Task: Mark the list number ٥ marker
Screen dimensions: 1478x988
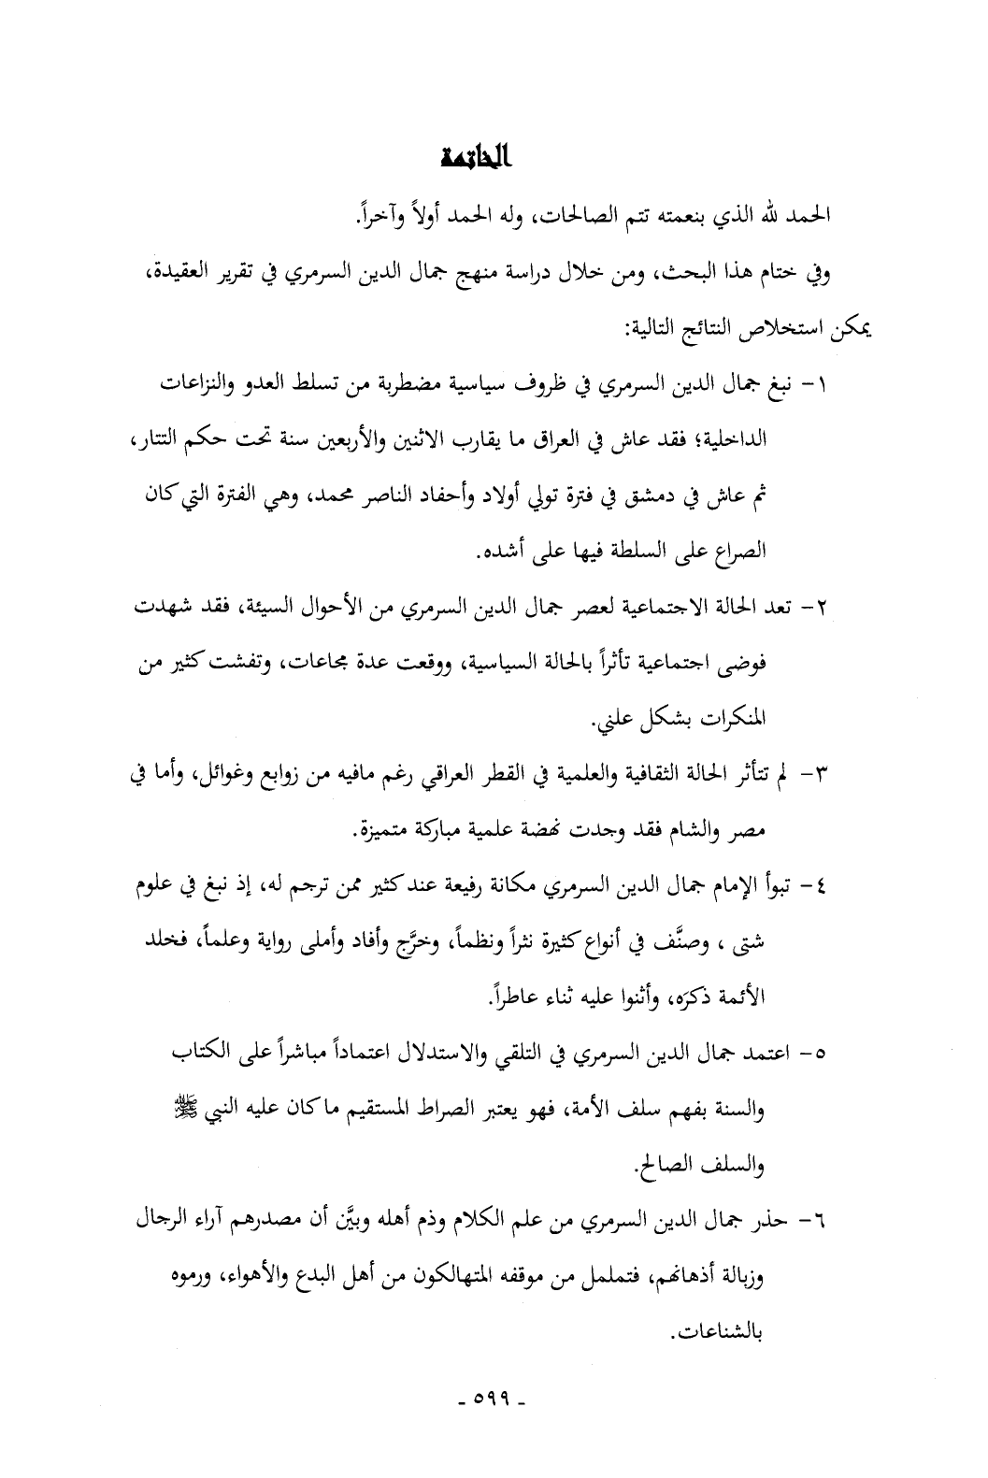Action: (x=818, y=1055)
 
